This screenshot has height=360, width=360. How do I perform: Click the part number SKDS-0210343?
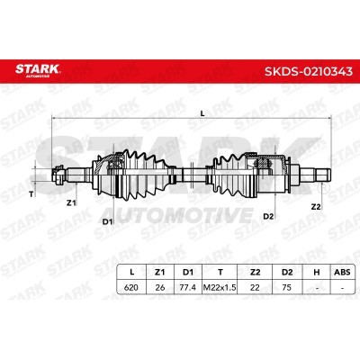[x=309, y=71]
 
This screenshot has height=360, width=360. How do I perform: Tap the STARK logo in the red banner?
[x=38, y=70]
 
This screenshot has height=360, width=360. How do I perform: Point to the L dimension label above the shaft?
[x=202, y=113]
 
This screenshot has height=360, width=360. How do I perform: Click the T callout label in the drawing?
[x=31, y=194]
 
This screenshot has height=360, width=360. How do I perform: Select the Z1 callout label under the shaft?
[x=71, y=203]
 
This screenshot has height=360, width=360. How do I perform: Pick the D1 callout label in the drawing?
[x=107, y=222]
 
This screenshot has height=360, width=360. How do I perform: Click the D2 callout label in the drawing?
[x=268, y=216]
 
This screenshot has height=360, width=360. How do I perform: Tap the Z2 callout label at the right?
[x=316, y=207]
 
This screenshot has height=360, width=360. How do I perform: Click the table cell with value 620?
[x=131, y=287]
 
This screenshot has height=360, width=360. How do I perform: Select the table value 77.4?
[x=187, y=287]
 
